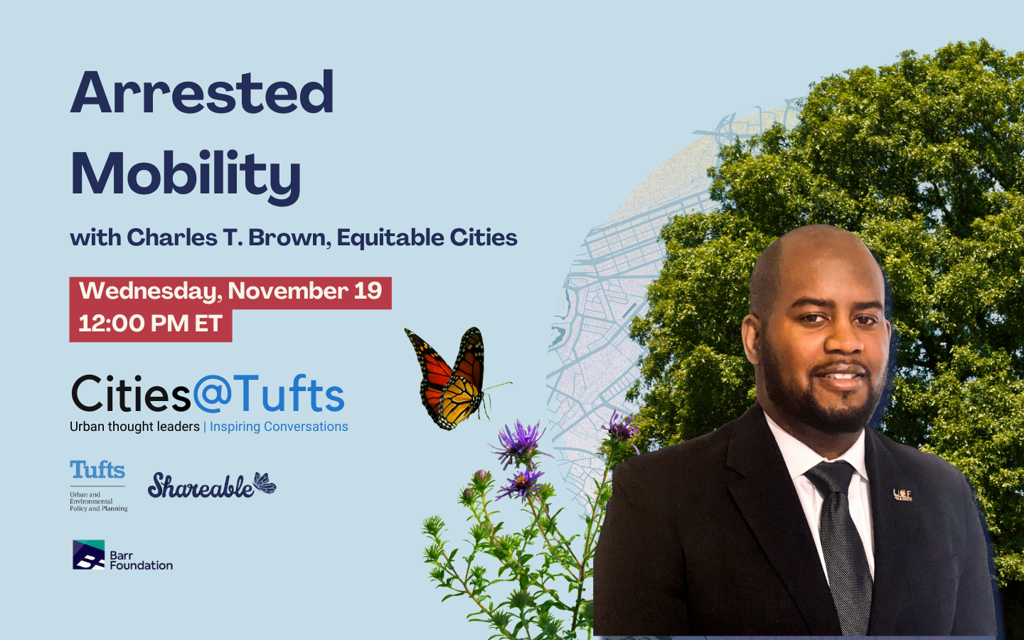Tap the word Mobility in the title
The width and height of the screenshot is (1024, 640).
(186, 174)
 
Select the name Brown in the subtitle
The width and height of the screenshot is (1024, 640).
(289, 238)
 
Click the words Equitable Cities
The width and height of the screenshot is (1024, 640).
(427, 238)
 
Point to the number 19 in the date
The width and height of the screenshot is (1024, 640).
(368, 291)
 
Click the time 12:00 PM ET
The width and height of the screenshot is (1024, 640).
(150, 324)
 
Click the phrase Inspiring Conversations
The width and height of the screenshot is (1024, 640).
(279, 427)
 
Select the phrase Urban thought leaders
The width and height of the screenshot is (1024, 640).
(134, 427)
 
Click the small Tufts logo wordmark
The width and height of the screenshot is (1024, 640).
(97, 470)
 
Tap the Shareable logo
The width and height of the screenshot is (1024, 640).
(201, 486)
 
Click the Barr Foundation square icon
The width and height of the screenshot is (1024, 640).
(88, 555)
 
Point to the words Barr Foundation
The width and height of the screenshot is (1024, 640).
(141, 560)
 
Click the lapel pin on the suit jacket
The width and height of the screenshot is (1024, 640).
(902, 494)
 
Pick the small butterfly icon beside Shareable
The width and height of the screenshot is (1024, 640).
(265, 483)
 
